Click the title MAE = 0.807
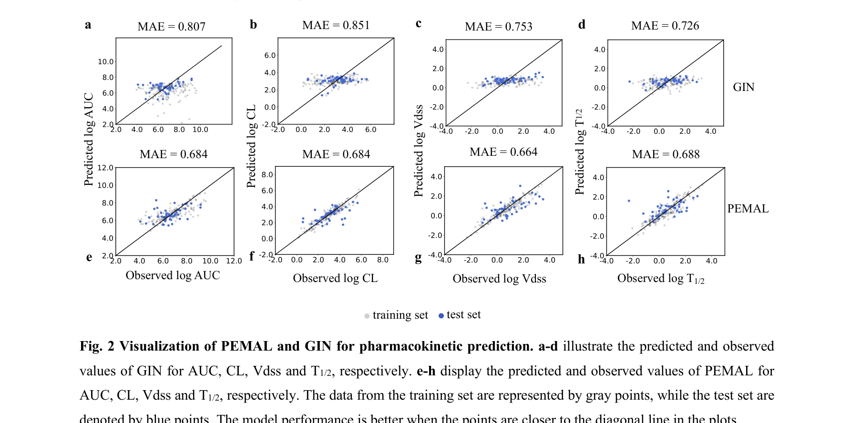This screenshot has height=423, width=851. point(171,27)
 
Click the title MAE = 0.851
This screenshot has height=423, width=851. point(336,25)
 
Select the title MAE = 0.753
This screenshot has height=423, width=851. point(498,27)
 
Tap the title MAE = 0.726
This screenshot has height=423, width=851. point(665,26)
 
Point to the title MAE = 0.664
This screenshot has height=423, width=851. point(503,152)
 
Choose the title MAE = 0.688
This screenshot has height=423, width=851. point(666,154)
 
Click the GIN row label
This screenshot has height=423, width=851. point(743,87)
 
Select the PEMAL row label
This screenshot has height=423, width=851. point(748,209)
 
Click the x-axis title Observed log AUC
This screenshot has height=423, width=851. point(173,275)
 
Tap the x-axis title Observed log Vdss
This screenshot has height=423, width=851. point(499,279)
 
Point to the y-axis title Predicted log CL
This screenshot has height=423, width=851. point(251,146)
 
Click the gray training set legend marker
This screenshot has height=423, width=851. point(367,316)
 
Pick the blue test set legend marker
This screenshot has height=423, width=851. point(441,315)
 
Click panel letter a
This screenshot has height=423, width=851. point(88,25)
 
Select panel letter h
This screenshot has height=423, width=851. point(581,259)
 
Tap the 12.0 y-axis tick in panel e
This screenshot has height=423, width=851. point(105,168)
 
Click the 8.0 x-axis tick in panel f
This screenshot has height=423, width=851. point(382,260)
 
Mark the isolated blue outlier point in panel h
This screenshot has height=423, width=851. point(629,201)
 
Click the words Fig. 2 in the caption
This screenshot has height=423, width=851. point(97,346)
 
